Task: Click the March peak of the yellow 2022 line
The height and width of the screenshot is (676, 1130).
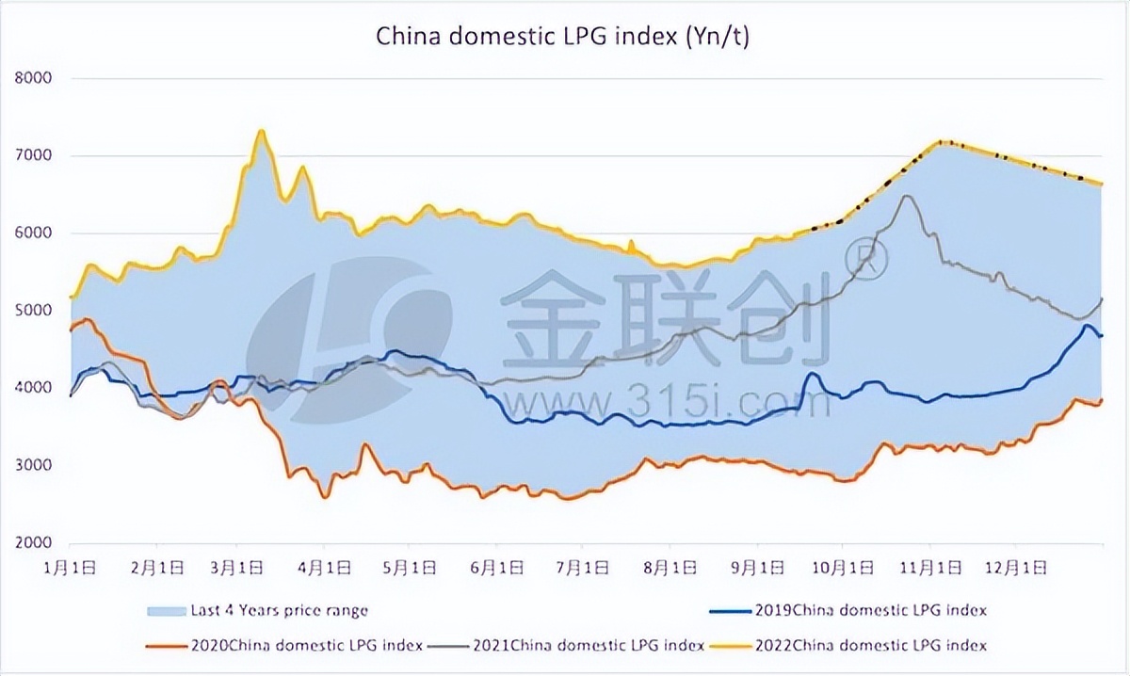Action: [x=261, y=131]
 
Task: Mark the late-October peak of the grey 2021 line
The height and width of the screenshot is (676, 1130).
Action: [x=906, y=196]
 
